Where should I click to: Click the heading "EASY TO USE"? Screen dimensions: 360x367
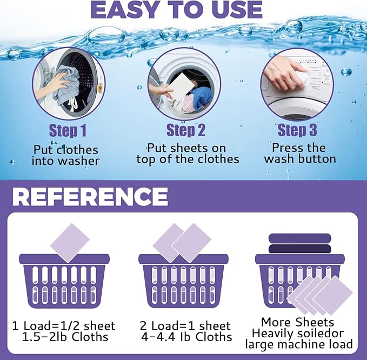(x=176, y=10)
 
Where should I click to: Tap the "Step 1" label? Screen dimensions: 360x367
(x=68, y=130)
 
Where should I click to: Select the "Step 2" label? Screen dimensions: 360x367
(x=185, y=130)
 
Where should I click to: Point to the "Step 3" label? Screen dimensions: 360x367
(x=297, y=130)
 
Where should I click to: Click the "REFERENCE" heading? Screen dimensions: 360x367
(x=90, y=197)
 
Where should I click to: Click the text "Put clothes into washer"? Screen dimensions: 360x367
(x=66, y=155)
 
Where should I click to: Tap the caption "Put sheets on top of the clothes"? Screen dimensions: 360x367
(x=188, y=154)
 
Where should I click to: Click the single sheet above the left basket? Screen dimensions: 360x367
(x=70, y=243)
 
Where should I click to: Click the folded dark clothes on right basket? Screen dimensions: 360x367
(x=299, y=243)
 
